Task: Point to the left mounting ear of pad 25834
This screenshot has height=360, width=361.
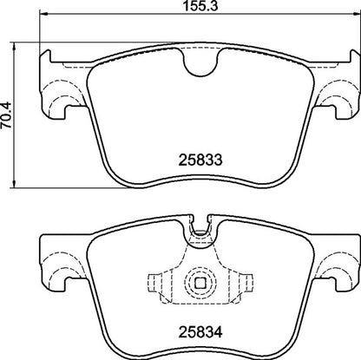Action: click(59, 265)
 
